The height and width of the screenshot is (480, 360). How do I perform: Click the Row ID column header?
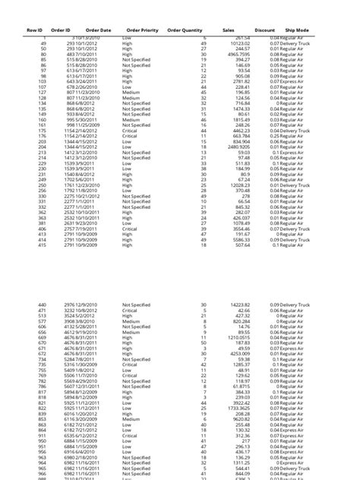click(33, 30)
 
